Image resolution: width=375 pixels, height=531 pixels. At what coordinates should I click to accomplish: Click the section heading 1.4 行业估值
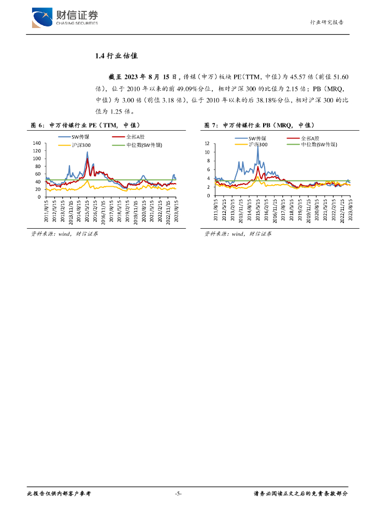[117, 56]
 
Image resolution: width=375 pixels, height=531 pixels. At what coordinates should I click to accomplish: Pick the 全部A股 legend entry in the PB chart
[311, 138]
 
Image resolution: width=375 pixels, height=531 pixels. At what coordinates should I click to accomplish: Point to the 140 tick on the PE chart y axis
[36, 143]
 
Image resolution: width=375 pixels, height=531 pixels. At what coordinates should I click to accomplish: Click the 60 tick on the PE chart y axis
[38, 174]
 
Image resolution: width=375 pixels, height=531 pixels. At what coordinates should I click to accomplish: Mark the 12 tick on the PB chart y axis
[207, 144]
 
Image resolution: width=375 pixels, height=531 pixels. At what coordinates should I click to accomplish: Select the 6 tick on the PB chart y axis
[208, 170]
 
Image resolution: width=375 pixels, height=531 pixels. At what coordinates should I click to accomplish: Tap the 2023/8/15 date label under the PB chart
[351, 212]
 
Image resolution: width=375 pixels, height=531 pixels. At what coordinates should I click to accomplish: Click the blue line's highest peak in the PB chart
[258, 147]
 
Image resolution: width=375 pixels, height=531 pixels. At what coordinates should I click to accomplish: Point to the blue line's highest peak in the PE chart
[87, 152]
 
